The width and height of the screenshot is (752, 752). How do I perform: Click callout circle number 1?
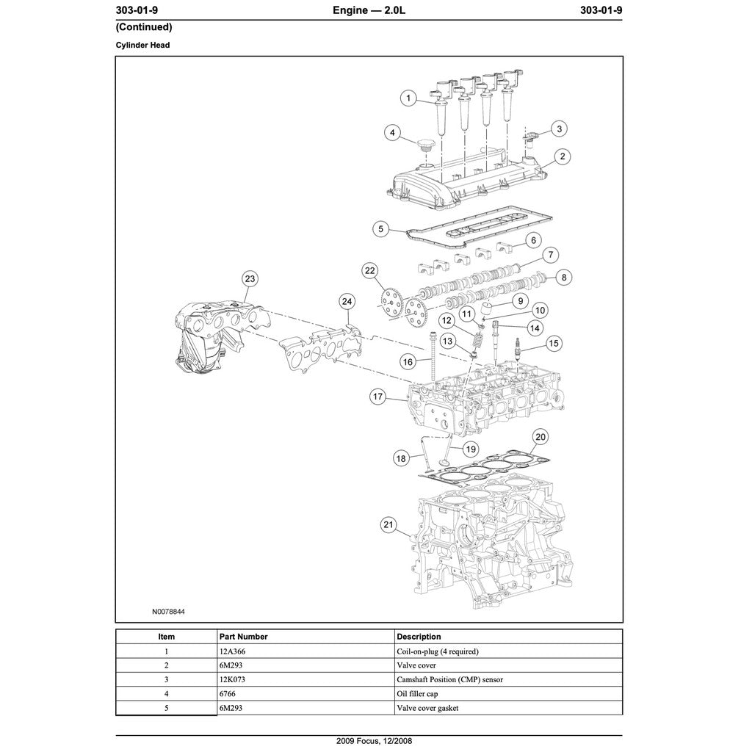409,98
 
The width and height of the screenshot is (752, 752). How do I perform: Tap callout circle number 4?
393,133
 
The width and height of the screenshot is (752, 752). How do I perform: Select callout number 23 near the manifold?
250,278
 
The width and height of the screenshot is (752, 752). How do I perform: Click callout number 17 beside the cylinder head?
377,397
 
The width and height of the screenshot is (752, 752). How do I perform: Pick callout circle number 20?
540,437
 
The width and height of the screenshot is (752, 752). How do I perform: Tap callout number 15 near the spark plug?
554,343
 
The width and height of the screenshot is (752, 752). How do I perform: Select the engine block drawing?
485,543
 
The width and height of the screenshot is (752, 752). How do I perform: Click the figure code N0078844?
169,611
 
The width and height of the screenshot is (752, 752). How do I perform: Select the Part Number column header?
243,637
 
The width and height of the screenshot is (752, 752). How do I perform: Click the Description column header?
419,637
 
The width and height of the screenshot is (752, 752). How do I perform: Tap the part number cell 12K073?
232,679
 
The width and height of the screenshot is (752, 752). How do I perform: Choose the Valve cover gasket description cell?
427,708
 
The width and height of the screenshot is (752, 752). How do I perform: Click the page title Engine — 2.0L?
369,10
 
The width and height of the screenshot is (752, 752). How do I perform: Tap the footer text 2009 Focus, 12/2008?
369,741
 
